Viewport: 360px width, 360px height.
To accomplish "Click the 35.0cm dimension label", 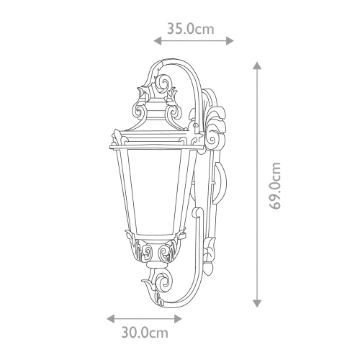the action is point(190,29).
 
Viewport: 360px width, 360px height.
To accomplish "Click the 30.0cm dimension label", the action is point(145,333).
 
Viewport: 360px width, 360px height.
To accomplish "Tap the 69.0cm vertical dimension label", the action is point(274,186).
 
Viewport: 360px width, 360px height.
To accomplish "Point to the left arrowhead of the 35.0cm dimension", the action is point(158,41).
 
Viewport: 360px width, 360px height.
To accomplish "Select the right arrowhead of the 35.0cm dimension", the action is point(230,41).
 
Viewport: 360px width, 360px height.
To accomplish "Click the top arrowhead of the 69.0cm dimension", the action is point(257,66).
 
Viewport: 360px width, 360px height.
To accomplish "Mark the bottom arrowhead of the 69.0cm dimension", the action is point(257,304).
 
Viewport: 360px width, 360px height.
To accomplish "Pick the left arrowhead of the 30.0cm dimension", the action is point(111,319).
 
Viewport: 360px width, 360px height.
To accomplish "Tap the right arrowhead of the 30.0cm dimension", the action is point(179,319).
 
